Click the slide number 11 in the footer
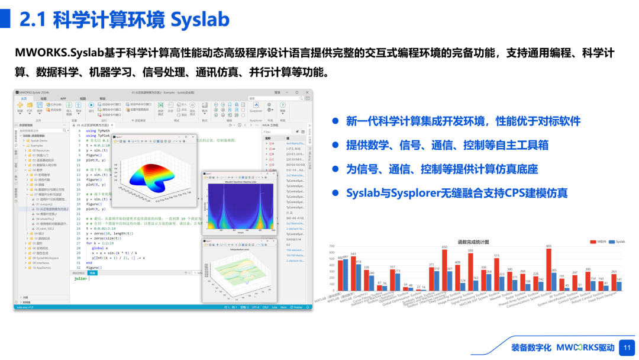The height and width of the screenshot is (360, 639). (x=627, y=348)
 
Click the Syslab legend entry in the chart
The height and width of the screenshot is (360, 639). (x=617, y=242)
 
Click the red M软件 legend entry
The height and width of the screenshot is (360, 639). (x=599, y=242)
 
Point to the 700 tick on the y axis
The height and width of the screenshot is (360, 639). (x=331, y=246)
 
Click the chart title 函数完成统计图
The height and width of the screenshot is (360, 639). (x=473, y=242)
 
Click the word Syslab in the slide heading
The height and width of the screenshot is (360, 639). (x=199, y=20)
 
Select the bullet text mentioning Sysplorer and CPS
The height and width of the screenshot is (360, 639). (x=456, y=193)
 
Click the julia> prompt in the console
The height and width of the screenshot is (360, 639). (x=79, y=278)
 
